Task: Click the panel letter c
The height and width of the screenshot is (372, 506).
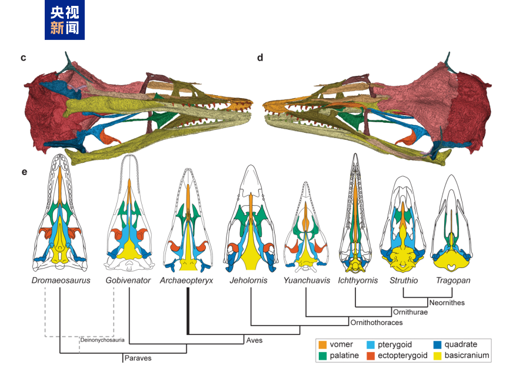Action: click(24, 58)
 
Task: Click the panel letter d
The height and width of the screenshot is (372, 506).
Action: click(260, 58)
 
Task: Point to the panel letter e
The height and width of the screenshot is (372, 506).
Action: click(24, 172)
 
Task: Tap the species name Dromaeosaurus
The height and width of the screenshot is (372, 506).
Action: click(61, 280)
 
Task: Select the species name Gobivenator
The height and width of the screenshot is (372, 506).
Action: click(129, 280)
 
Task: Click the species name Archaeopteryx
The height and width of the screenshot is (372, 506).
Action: click(187, 280)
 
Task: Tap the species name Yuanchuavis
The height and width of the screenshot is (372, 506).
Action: click(307, 280)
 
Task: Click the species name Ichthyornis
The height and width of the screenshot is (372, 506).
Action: click(357, 280)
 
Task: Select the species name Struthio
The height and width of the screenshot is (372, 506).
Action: click(404, 280)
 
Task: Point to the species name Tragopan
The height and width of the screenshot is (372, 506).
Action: click(452, 280)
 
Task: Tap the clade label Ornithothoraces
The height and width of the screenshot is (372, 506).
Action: click(377, 323)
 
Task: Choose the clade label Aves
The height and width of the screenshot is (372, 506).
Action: click(254, 340)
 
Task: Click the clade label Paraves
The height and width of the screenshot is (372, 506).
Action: click(138, 357)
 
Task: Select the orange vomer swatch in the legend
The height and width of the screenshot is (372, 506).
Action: click(323, 344)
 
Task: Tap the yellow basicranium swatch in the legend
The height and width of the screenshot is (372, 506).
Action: click(438, 356)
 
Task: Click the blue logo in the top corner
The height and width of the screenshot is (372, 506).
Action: click(65, 21)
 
